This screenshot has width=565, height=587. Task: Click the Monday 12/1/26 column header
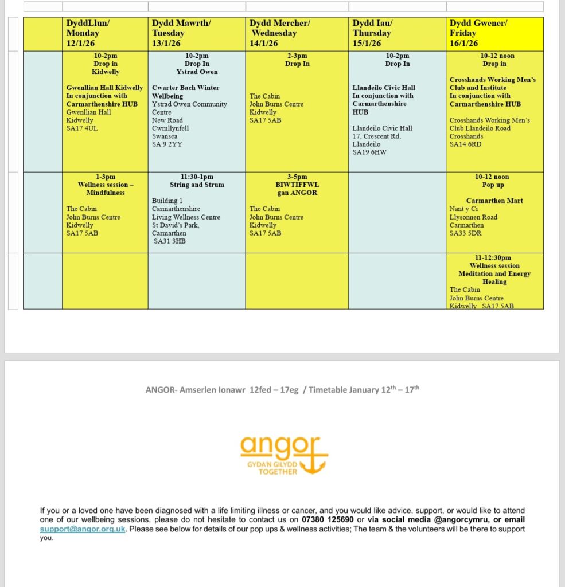point(105,33)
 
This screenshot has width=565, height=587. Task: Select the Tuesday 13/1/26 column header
point(197,33)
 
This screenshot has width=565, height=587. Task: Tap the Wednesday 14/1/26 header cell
point(297,33)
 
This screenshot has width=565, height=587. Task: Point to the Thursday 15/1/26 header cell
point(398,33)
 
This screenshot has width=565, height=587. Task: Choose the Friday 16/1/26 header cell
point(494,33)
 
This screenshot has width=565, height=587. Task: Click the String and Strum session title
point(197,185)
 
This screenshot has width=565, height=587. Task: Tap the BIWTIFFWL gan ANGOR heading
point(297,189)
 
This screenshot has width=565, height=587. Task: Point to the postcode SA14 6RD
point(466,144)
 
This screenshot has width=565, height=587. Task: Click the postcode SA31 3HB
point(170,241)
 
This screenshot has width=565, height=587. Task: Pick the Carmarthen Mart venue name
point(494,201)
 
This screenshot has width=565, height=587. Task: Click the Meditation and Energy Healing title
point(494,277)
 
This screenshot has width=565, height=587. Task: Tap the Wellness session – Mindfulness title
point(105,189)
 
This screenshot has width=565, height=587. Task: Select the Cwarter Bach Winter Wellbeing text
point(186,92)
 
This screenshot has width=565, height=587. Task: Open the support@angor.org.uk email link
point(83,529)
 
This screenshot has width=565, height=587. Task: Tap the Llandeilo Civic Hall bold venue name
point(384,88)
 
